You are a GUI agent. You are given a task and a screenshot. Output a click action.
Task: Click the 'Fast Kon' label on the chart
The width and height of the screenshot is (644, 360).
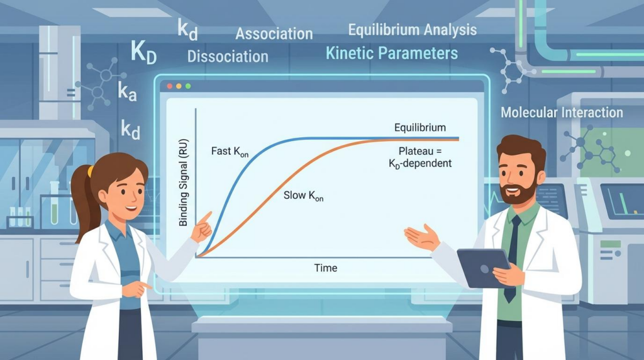[230, 153]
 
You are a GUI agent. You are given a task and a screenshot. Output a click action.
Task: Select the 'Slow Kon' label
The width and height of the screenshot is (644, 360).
[304, 195]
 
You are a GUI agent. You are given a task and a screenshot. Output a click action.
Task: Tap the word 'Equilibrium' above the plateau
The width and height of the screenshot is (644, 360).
[420, 128]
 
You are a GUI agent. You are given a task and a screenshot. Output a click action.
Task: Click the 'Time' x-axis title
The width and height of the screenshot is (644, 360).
[325, 268]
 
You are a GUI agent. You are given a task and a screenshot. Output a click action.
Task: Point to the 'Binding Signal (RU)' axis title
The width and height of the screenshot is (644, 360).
[184, 183]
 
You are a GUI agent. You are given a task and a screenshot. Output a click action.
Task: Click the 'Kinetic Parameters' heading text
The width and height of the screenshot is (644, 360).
[392, 53]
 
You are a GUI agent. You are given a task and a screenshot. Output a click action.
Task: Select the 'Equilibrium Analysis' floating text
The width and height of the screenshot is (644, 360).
[412, 30]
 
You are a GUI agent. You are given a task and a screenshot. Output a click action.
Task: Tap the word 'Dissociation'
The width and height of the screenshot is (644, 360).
[228, 56]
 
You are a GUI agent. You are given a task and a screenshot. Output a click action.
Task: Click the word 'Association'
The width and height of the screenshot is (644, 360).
[274, 34]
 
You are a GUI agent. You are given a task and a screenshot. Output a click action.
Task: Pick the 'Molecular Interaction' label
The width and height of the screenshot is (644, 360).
[562, 113]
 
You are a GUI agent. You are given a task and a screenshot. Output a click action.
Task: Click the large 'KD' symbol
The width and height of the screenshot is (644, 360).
[143, 52]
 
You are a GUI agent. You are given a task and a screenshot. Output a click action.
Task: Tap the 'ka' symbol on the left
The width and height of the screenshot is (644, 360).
[127, 92]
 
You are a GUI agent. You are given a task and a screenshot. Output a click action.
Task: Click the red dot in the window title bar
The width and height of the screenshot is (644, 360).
[169, 86]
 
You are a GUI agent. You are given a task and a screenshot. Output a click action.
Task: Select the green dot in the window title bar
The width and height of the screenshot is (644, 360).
[187, 86]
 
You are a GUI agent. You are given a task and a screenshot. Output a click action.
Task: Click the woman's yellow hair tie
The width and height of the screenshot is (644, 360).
[91, 171]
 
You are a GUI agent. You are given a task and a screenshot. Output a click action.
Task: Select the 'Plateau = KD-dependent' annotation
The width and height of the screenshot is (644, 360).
[425, 157]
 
